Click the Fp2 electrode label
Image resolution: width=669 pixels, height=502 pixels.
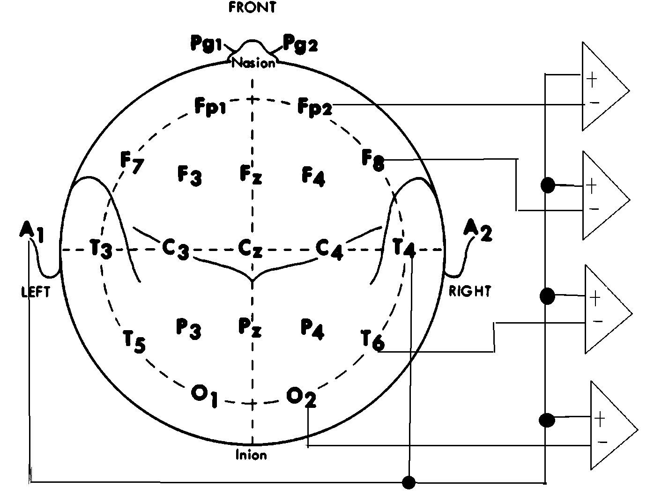click(315, 108)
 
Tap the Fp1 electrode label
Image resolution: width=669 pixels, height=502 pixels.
click(210, 107)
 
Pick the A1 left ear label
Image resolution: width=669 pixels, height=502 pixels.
click(32, 232)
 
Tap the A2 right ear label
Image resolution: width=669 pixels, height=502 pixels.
click(477, 230)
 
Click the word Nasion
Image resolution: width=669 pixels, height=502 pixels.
click(253, 63)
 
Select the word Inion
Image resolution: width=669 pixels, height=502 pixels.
click(251, 455)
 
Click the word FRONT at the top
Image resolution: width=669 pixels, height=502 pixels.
click(253, 7)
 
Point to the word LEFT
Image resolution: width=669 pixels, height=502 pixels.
click(36, 292)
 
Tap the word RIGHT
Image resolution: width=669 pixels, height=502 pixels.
click(469, 291)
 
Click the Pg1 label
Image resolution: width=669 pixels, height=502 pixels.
click(206, 43)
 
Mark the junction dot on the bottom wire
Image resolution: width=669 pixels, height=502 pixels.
click(409, 482)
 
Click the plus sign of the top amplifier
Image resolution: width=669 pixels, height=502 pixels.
click(592, 80)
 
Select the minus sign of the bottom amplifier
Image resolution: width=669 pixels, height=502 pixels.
click(603, 442)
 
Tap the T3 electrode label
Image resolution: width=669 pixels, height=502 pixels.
click(101, 248)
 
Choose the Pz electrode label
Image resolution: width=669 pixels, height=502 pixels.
click(250, 327)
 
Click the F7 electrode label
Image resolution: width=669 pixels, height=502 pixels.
click(132, 162)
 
